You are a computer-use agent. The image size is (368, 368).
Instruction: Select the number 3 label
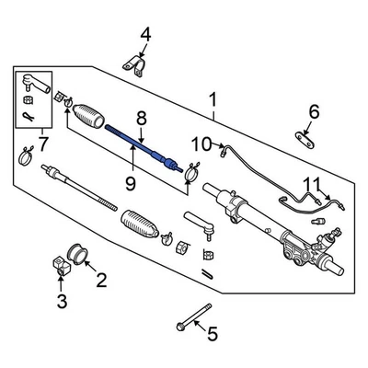pos(63,301)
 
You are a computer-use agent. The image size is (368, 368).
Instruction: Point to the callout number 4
pos(144,36)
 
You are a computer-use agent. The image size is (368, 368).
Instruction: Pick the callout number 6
pos(313,112)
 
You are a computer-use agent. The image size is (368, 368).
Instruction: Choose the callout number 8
pos(141,117)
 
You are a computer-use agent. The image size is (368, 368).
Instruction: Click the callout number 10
pos(201,143)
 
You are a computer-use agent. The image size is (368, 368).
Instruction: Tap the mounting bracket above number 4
pos(135,69)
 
